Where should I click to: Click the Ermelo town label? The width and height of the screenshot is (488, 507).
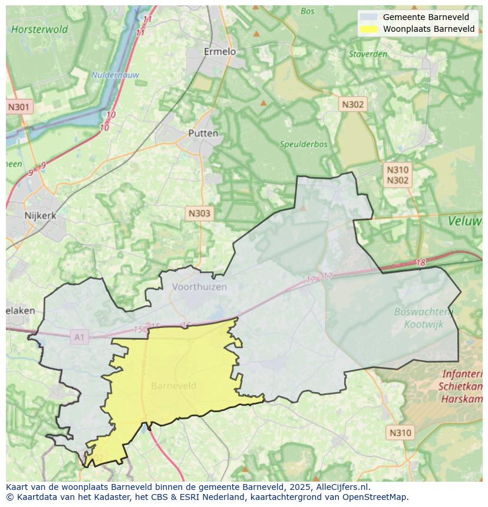pyautogui.click(x=219, y=52)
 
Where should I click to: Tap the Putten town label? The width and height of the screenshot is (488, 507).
pyautogui.click(x=203, y=133)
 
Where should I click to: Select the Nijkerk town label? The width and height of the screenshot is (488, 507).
pyautogui.click(x=40, y=216)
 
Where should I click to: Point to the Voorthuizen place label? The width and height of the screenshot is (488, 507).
pyautogui.click(x=199, y=287)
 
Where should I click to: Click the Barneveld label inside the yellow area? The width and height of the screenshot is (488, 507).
pyautogui.click(x=174, y=386)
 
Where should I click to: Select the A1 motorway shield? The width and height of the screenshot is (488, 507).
pyautogui.click(x=79, y=337)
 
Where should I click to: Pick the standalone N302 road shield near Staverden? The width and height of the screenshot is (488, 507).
pyautogui.click(x=352, y=104)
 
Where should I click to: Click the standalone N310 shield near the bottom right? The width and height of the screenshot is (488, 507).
pyautogui.click(x=400, y=433)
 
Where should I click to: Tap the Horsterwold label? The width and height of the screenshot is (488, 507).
pyautogui.click(x=39, y=29)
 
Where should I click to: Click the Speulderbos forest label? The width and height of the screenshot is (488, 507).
pyautogui.click(x=300, y=143)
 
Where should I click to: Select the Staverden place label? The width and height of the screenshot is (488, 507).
pyautogui.click(x=368, y=54)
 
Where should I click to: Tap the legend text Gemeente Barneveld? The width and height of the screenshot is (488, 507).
pyautogui.click(x=426, y=17)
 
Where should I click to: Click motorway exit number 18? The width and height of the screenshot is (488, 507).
pyautogui.click(x=420, y=263)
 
